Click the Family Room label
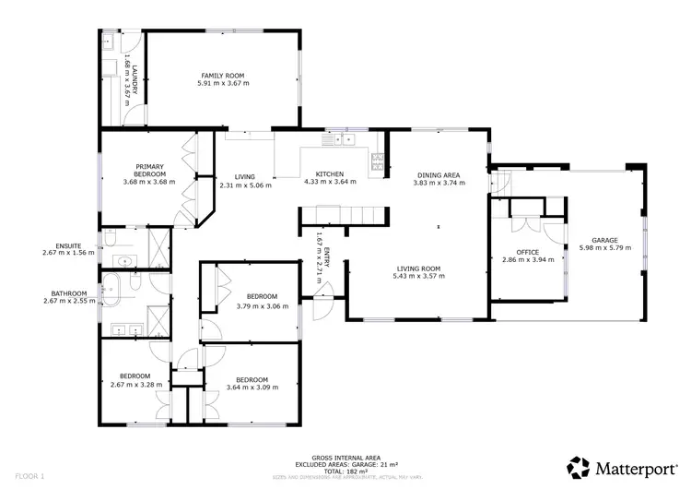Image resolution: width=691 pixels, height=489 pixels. click(x=223, y=75)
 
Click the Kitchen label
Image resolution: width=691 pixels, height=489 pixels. click(x=330, y=174)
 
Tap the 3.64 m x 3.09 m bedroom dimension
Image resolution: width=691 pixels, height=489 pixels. click(x=252, y=388)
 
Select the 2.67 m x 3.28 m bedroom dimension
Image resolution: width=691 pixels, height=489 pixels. click(x=136, y=384)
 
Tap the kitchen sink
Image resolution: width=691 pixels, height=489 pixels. click(x=343, y=139)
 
